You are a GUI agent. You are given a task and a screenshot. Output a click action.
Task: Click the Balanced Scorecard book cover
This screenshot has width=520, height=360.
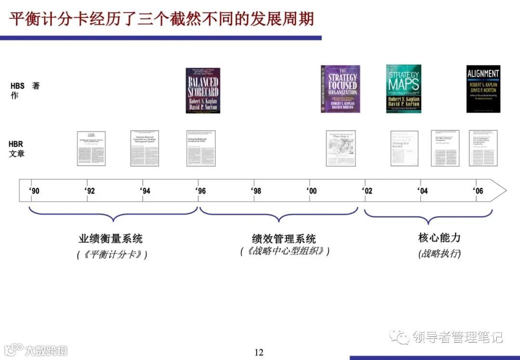[x=203, y=91]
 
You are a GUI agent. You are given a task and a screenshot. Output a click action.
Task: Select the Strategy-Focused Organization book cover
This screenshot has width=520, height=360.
[x=340, y=89]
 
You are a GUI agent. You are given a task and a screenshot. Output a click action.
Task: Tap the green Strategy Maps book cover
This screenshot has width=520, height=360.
[x=403, y=89]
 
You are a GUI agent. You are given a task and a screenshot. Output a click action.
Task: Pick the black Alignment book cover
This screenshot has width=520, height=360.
[x=483, y=89]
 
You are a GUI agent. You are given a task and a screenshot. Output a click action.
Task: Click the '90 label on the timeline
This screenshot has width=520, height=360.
[x=34, y=191]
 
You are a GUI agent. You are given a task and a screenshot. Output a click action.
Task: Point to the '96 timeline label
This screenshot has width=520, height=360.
[x=201, y=191]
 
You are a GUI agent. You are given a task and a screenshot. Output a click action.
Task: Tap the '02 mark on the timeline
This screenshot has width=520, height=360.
[x=367, y=191]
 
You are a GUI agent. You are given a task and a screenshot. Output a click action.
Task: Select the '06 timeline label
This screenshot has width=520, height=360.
[x=478, y=191]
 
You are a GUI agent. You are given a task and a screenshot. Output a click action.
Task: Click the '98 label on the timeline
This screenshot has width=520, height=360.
[x=256, y=191]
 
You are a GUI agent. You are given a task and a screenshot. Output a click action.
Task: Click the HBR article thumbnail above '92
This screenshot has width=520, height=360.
[x=91, y=148]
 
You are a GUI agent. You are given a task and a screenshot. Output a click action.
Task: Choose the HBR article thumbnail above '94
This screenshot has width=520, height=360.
[x=144, y=148]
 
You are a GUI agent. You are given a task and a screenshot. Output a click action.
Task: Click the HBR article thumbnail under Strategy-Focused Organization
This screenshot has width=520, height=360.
[x=341, y=148]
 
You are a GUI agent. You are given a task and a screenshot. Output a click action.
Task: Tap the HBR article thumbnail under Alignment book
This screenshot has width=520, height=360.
[x=483, y=148]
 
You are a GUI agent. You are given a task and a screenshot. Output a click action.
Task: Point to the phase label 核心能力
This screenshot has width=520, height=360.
[x=440, y=238]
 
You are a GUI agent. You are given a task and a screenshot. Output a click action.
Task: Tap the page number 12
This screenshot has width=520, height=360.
[x=259, y=352]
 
